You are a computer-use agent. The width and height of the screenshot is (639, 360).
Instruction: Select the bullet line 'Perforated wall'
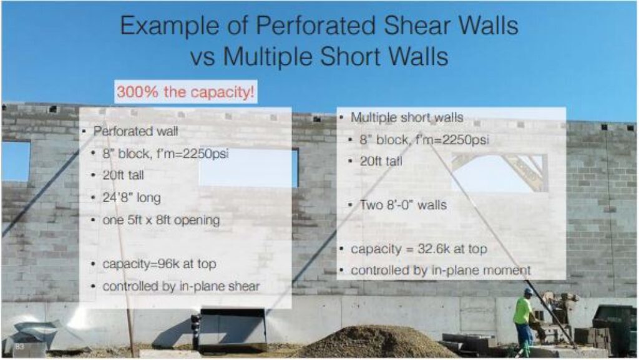coord(127,132)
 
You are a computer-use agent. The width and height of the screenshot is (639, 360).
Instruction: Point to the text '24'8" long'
coord(132,198)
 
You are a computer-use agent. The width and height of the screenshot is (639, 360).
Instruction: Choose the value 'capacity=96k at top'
coord(159,264)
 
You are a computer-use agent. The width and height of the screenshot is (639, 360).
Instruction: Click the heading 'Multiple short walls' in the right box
coord(406,117)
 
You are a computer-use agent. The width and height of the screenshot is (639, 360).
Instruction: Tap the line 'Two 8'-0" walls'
coord(403,205)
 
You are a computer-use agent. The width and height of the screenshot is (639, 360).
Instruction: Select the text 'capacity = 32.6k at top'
coord(419,249)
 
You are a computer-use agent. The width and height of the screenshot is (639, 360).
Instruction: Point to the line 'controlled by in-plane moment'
coord(441,271)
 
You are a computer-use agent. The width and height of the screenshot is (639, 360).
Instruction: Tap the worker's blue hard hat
coord(528,291)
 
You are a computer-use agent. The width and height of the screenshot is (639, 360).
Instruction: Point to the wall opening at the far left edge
coord(15,161)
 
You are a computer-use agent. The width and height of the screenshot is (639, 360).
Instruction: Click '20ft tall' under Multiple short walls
coord(381,161)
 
